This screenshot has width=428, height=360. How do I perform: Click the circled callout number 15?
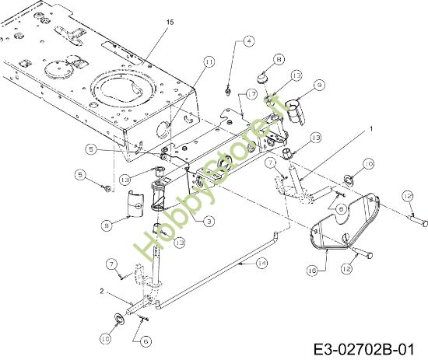pos(170,23)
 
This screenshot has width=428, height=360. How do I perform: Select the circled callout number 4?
pos(249,40)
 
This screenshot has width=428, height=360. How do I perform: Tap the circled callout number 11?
pos(209,61)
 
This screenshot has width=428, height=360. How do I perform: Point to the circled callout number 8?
pos(279,58)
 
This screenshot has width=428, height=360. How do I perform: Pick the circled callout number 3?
pos(209,222)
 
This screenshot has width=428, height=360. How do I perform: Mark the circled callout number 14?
pos(261,264)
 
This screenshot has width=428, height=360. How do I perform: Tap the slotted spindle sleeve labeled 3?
pos(160,194)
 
